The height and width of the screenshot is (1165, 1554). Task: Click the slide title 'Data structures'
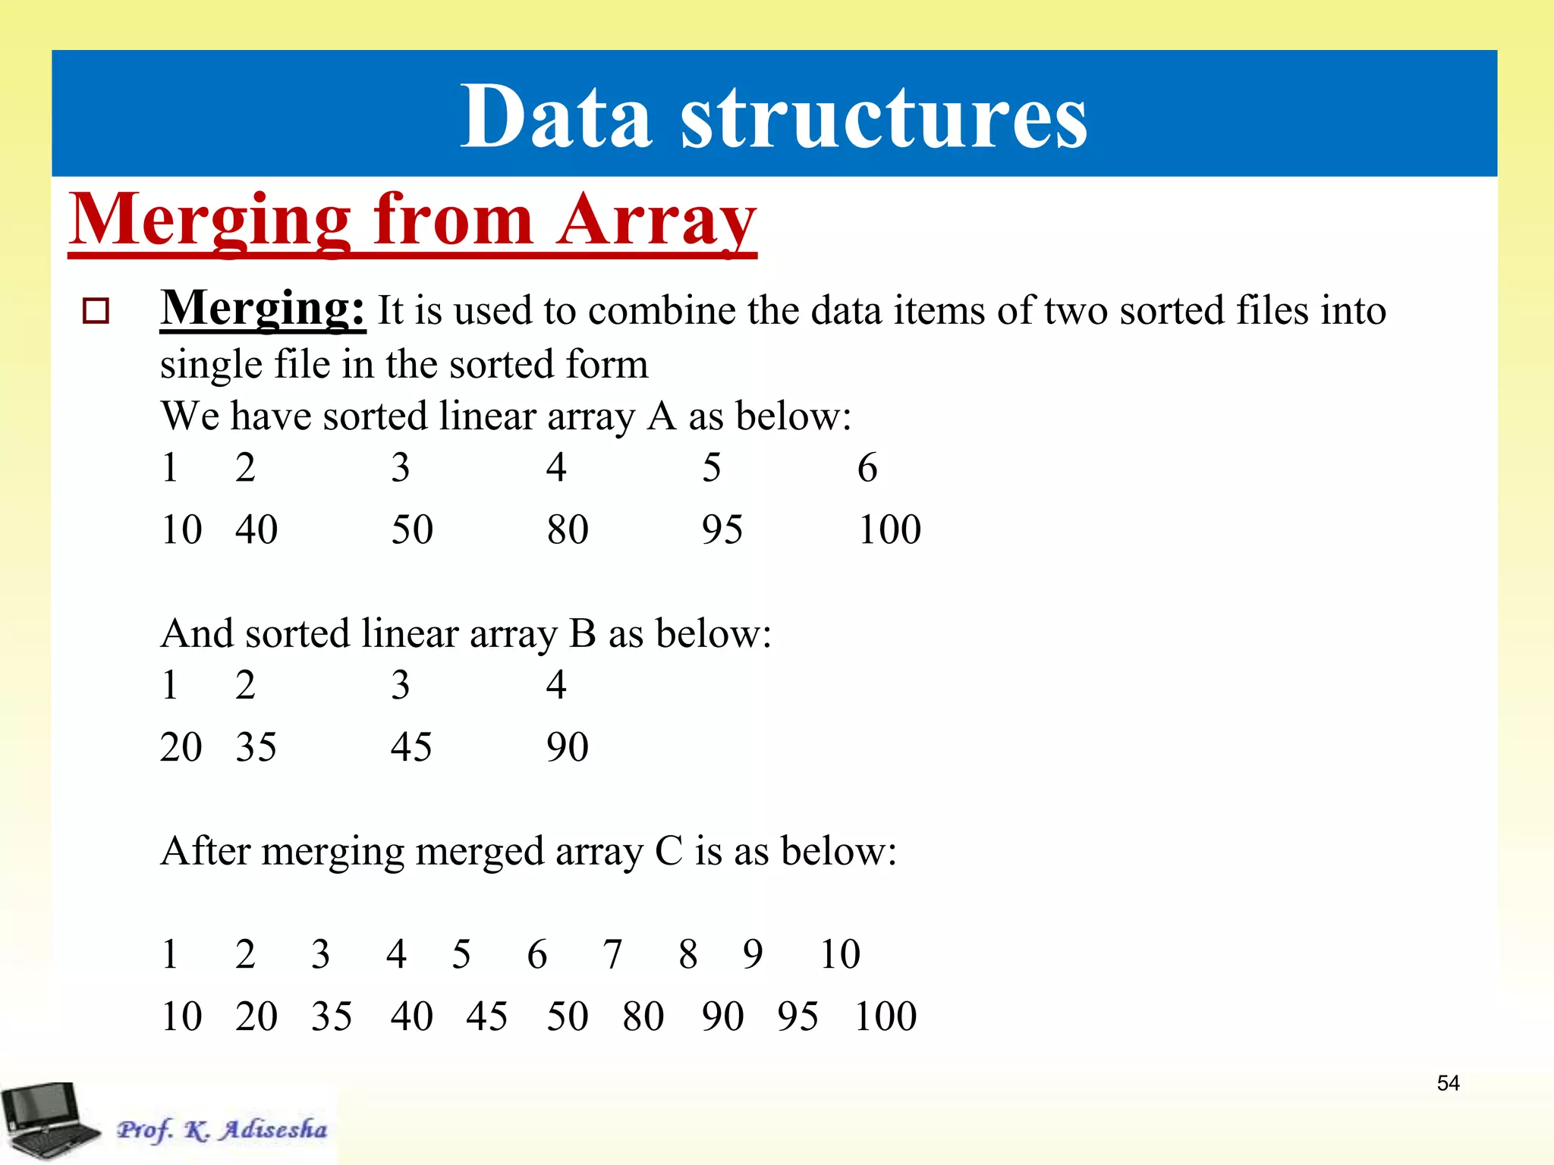pos(774,116)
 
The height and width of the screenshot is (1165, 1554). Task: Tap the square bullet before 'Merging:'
pos(96,311)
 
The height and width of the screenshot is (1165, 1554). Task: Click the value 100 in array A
pos(889,529)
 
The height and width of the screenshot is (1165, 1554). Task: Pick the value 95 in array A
pos(722,529)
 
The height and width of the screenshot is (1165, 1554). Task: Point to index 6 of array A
pos(867,467)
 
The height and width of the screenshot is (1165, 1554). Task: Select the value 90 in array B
pos(568,747)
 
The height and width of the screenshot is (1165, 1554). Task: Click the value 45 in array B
pos(411,747)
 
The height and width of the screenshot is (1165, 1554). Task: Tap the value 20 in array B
pos(181,747)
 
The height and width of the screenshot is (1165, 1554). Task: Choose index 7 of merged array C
pos(612,954)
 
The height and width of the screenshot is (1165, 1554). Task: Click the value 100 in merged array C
pos(886,1016)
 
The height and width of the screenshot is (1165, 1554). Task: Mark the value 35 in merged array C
pos(332,1016)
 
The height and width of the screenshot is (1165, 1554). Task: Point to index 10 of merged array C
pos(840,954)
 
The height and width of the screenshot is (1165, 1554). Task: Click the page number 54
pos(1448,1083)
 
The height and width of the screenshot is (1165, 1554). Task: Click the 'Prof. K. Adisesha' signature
pos(222,1129)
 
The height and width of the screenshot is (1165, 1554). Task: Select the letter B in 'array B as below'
pos(583,633)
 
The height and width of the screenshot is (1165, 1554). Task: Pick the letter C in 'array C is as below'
pos(668,851)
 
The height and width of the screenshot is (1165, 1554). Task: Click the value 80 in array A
pos(568,529)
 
